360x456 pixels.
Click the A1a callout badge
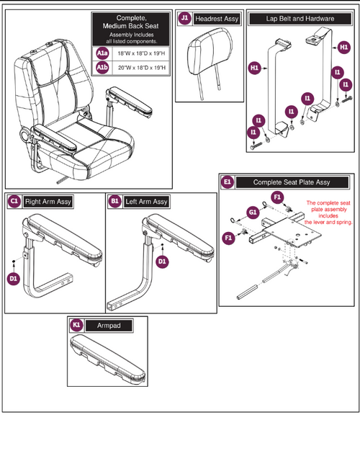tap(103, 53)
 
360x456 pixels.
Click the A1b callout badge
tap(103, 68)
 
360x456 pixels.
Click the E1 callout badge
tap(228, 182)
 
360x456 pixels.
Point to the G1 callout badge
tap(252, 212)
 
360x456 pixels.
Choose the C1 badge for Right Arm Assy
tap(14, 201)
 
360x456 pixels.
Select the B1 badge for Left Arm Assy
tap(114, 201)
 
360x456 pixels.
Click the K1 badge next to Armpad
tap(77, 326)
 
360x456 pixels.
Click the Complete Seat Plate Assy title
tap(292, 183)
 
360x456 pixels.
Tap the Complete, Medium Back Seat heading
tap(130, 24)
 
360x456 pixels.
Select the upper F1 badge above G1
tap(276, 196)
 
